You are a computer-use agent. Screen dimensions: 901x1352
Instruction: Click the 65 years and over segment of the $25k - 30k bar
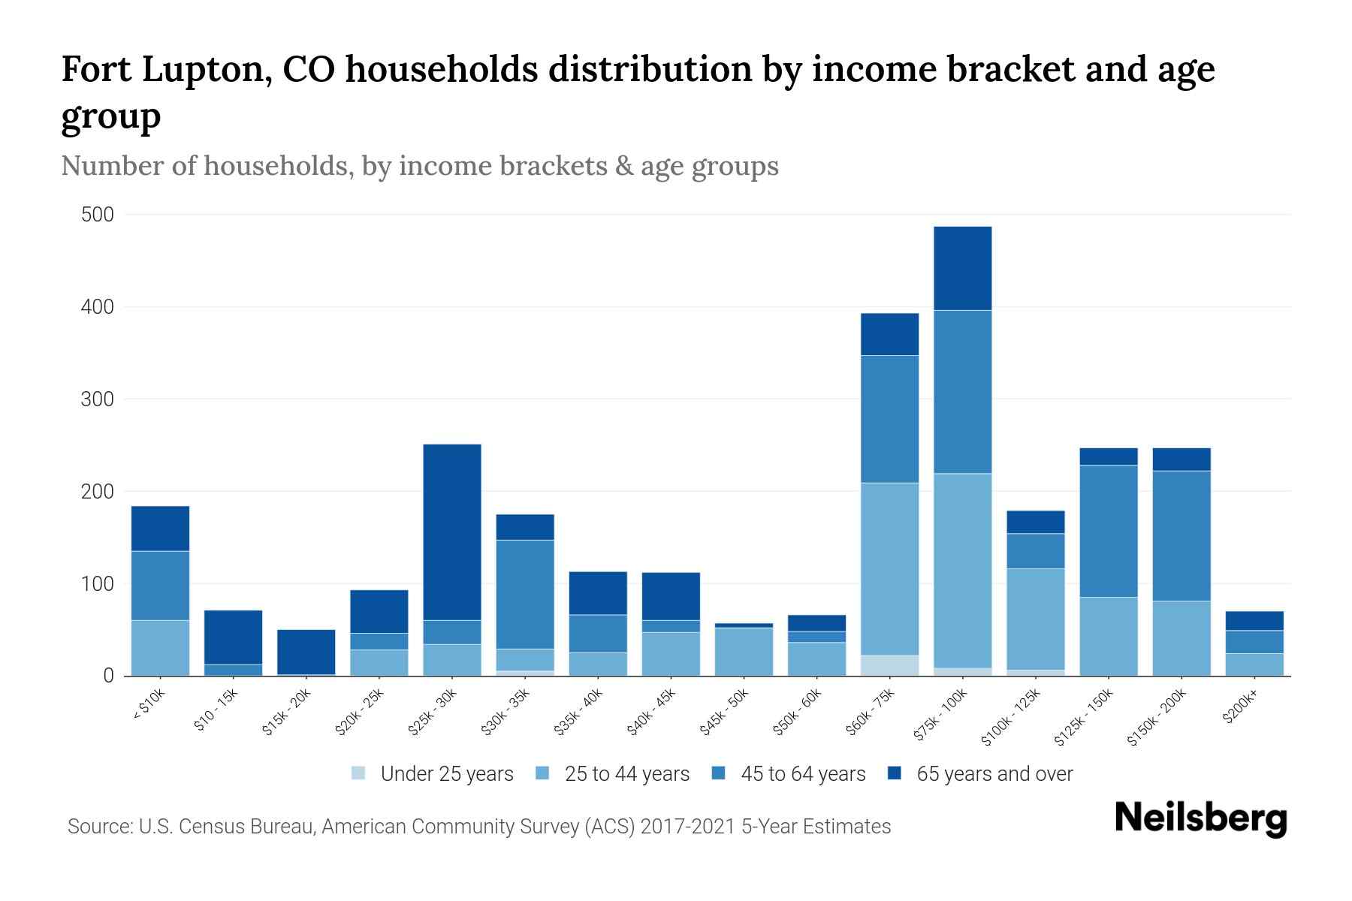(x=452, y=532)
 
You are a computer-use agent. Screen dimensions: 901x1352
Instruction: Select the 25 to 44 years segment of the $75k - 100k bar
(x=962, y=570)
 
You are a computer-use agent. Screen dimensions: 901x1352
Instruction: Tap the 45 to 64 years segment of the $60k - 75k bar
(x=889, y=418)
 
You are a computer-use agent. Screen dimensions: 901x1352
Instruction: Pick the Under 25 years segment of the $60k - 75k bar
(x=889, y=665)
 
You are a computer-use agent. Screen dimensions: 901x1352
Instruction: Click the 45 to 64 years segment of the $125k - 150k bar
(x=1108, y=531)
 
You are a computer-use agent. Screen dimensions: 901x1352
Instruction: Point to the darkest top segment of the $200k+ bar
(x=1254, y=620)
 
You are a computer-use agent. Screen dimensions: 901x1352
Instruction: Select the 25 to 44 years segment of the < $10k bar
(x=160, y=647)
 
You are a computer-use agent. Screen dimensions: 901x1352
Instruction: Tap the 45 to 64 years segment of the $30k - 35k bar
(x=525, y=594)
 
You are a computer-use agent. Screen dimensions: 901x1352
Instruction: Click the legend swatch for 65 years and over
(x=895, y=773)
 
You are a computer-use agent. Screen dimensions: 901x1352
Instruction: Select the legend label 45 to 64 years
(x=803, y=774)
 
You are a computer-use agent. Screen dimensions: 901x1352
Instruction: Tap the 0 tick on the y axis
(x=108, y=676)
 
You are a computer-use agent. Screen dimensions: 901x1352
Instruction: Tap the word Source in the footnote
(x=98, y=827)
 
